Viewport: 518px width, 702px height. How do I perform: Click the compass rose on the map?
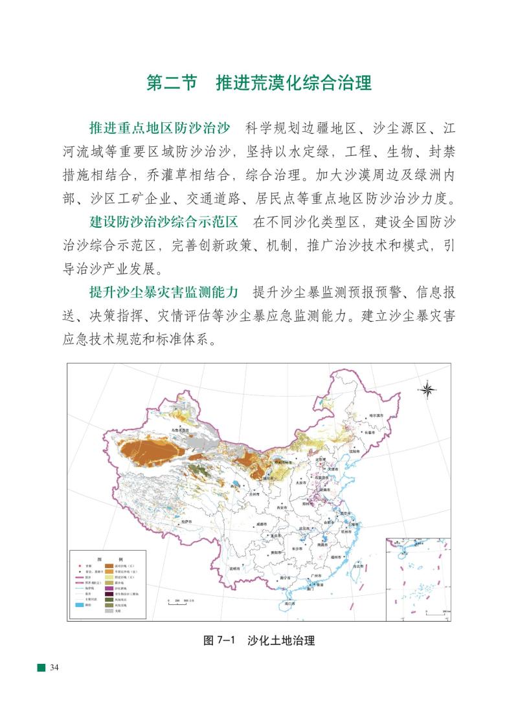coord(427,389)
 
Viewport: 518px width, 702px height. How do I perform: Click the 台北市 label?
coord(357,566)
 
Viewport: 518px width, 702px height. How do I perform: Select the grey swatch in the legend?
coord(110,611)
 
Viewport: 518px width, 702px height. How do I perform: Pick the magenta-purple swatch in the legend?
coord(110,587)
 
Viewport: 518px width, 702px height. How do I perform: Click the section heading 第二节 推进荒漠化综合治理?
coord(258,84)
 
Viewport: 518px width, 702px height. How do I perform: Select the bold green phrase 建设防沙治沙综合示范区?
coord(164,222)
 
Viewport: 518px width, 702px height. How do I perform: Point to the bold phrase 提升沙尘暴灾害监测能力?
coord(164,291)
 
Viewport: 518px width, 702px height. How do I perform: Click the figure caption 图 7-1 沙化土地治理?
coord(259,641)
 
